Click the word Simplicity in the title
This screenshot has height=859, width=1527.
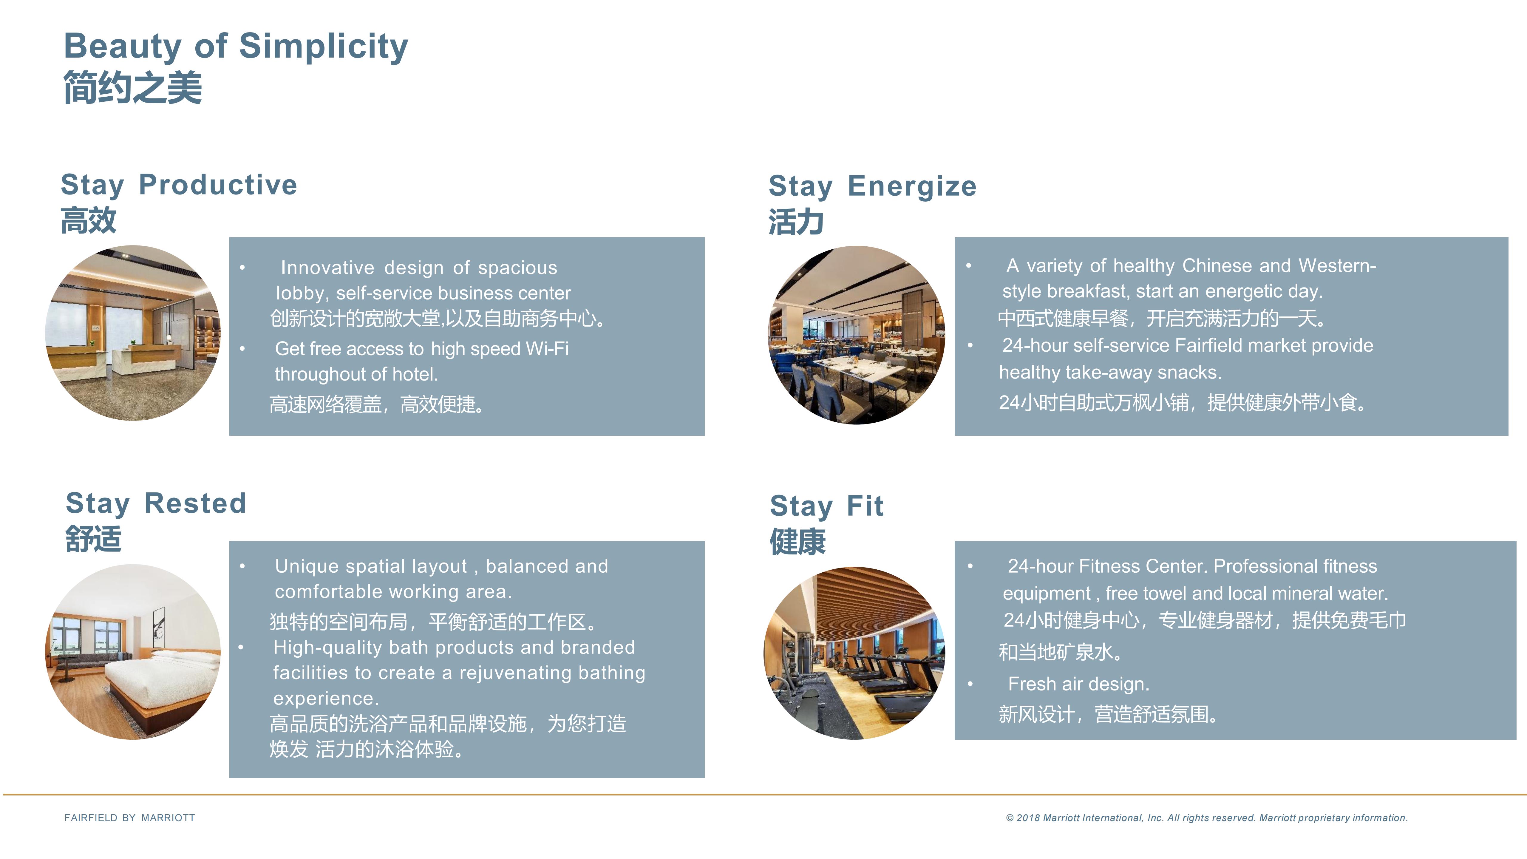324,46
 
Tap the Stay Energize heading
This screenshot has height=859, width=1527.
873,186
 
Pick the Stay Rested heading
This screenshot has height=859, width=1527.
156,503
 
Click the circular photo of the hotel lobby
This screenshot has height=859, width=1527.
133,333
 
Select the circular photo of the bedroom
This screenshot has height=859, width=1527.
133,651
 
